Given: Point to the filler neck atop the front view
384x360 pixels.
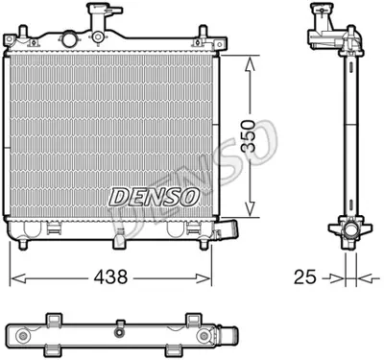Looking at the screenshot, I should (x=96, y=18).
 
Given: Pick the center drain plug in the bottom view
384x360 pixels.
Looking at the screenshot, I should (x=122, y=332).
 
